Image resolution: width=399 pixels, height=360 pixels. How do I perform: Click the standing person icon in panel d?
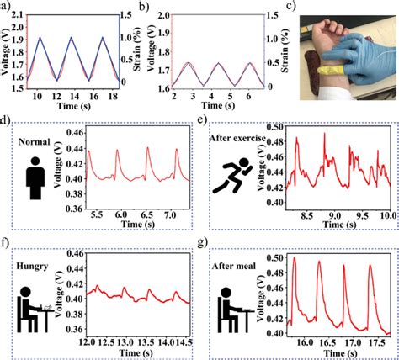point(35,173)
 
